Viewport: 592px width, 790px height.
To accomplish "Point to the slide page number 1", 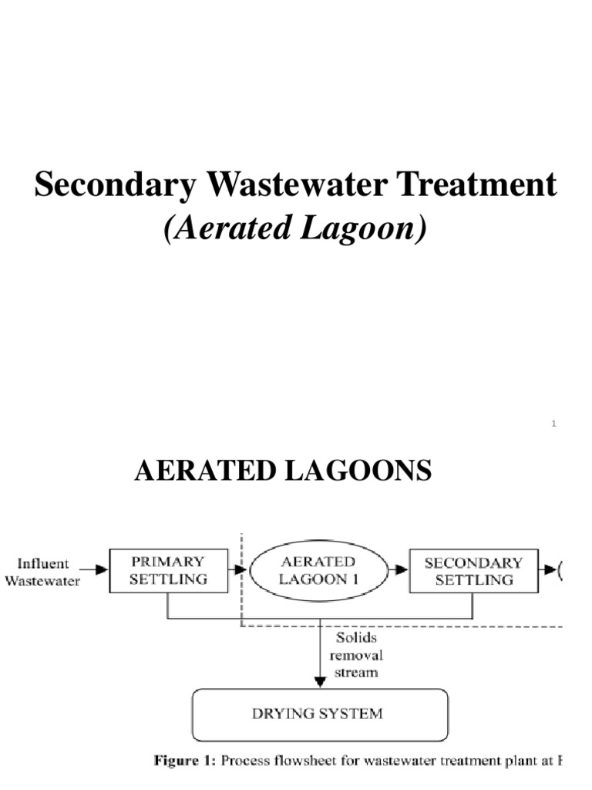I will coord(553,423).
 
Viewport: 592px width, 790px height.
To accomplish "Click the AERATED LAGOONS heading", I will coord(283,471).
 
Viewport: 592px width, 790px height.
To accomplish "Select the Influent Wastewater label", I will coord(42,572).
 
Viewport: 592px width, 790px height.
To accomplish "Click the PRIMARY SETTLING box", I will coord(167,571).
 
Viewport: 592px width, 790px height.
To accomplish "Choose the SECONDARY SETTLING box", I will coord(473,571).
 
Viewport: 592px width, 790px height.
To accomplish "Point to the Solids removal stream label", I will coord(355,655).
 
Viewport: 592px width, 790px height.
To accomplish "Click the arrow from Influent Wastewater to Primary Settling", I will coord(96,571).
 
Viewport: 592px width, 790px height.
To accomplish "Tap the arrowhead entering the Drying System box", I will coord(318,682).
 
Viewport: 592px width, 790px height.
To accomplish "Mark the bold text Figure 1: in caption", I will coord(186,761).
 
